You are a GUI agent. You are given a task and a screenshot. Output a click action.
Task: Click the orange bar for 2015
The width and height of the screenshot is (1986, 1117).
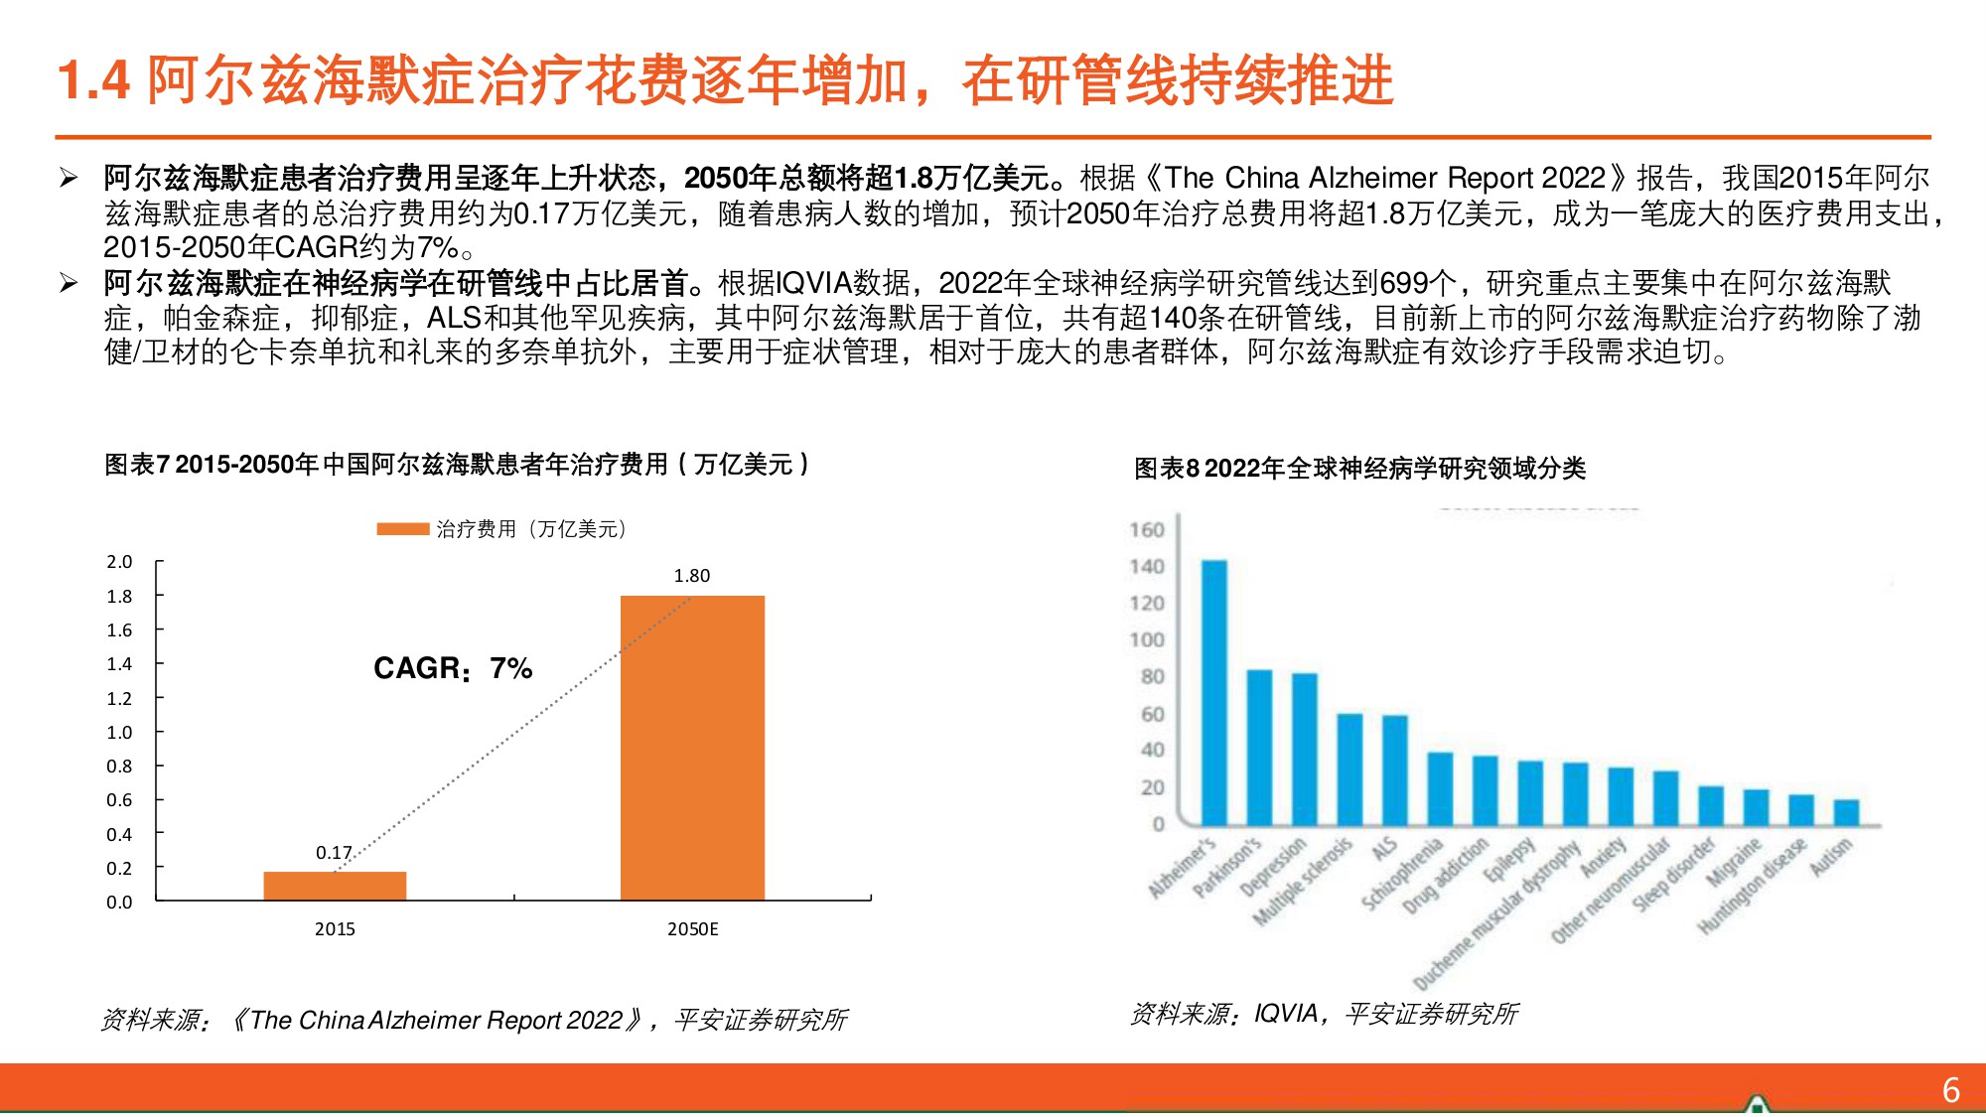coord(335,885)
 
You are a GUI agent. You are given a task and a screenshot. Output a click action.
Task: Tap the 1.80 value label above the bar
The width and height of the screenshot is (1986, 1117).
coord(692,576)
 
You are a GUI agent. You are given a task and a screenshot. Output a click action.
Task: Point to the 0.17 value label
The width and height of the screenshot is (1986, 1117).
coord(334,853)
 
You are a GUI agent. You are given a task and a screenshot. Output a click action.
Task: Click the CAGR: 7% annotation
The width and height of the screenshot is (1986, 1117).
coord(453,668)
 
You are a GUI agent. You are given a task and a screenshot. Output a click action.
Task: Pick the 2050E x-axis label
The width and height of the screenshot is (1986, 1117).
coord(692,929)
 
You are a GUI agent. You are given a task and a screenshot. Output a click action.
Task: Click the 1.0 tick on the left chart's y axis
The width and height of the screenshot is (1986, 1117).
coord(119,733)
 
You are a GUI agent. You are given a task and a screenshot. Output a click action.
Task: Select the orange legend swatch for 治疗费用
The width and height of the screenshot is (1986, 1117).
coord(402,529)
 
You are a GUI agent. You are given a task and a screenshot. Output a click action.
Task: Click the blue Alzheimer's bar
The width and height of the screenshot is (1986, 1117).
coord(1214,692)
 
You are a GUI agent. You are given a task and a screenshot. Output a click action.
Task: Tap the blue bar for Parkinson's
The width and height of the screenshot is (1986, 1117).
coord(1259,747)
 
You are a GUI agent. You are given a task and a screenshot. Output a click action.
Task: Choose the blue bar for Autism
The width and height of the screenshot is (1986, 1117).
coord(1846,811)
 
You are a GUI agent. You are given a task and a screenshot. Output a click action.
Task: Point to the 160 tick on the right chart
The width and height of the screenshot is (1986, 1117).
coord(1146,530)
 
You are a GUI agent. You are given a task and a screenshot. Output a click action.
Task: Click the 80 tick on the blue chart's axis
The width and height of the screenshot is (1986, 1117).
coord(1152,677)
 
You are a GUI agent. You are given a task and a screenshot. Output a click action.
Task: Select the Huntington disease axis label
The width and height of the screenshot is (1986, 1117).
coord(1753,886)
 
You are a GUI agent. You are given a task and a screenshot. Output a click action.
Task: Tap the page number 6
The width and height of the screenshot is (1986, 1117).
coord(1950,1090)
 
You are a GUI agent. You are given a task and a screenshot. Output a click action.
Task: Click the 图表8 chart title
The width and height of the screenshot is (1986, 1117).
coord(1359,469)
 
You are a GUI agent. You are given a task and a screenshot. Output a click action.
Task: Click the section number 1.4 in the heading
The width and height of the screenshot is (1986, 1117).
coord(93,80)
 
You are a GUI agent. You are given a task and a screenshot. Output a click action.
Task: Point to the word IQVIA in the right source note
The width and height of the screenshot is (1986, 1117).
coord(1287,1014)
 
